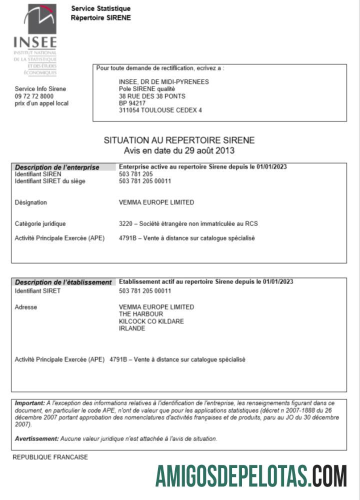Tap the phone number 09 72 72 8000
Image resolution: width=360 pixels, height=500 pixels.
click(34, 96)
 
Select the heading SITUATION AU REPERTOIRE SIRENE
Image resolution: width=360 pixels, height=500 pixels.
click(179, 140)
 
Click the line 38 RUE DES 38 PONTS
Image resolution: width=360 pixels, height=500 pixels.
click(152, 96)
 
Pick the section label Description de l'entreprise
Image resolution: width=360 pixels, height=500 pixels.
click(57, 167)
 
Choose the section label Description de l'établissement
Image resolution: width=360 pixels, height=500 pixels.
click(63, 282)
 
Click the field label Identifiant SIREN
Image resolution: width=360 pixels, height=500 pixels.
click(38, 174)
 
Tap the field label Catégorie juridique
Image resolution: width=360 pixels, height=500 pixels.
click(40, 224)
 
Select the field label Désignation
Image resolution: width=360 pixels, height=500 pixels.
click(31, 202)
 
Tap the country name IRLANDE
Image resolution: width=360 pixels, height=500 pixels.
click(132, 328)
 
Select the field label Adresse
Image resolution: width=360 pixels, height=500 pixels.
click(26, 307)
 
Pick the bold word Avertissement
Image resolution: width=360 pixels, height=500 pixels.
click(36, 438)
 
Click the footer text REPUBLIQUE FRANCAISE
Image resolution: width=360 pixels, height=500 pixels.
click(50, 457)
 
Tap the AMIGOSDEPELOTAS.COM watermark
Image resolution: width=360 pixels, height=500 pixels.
click(251, 475)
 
